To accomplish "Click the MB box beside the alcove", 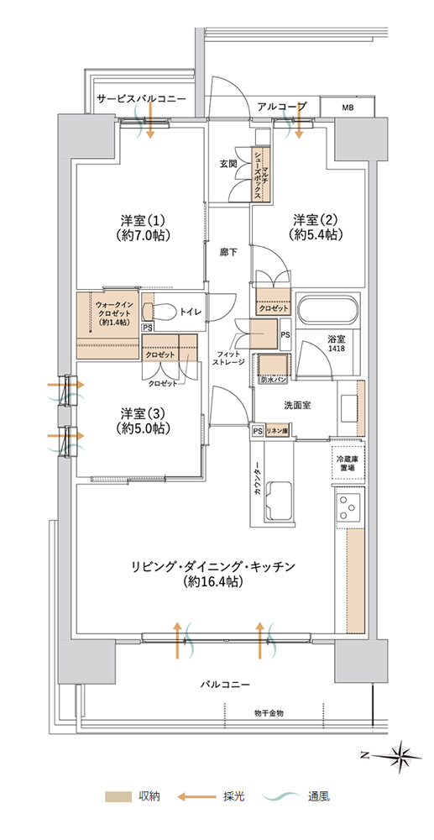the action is [x=348, y=108].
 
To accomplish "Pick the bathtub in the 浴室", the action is [x=327, y=311].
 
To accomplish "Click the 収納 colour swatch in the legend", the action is [x=118, y=796].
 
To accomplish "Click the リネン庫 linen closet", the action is [x=277, y=431].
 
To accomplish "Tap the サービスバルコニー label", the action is [x=142, y=99].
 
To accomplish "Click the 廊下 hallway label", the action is [x=228, y=251].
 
